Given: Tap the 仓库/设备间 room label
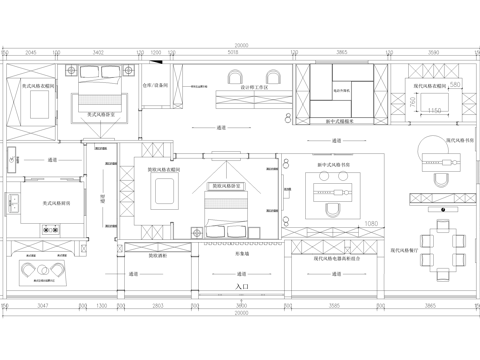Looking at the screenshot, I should click(155, 87).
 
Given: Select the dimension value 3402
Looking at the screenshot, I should click(97, 52).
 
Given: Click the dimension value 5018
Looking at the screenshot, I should click(243, 52).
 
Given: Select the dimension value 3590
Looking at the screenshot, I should click(433, 52).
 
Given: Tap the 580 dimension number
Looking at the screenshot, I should click(454, 86).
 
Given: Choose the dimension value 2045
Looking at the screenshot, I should click(30, 52).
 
